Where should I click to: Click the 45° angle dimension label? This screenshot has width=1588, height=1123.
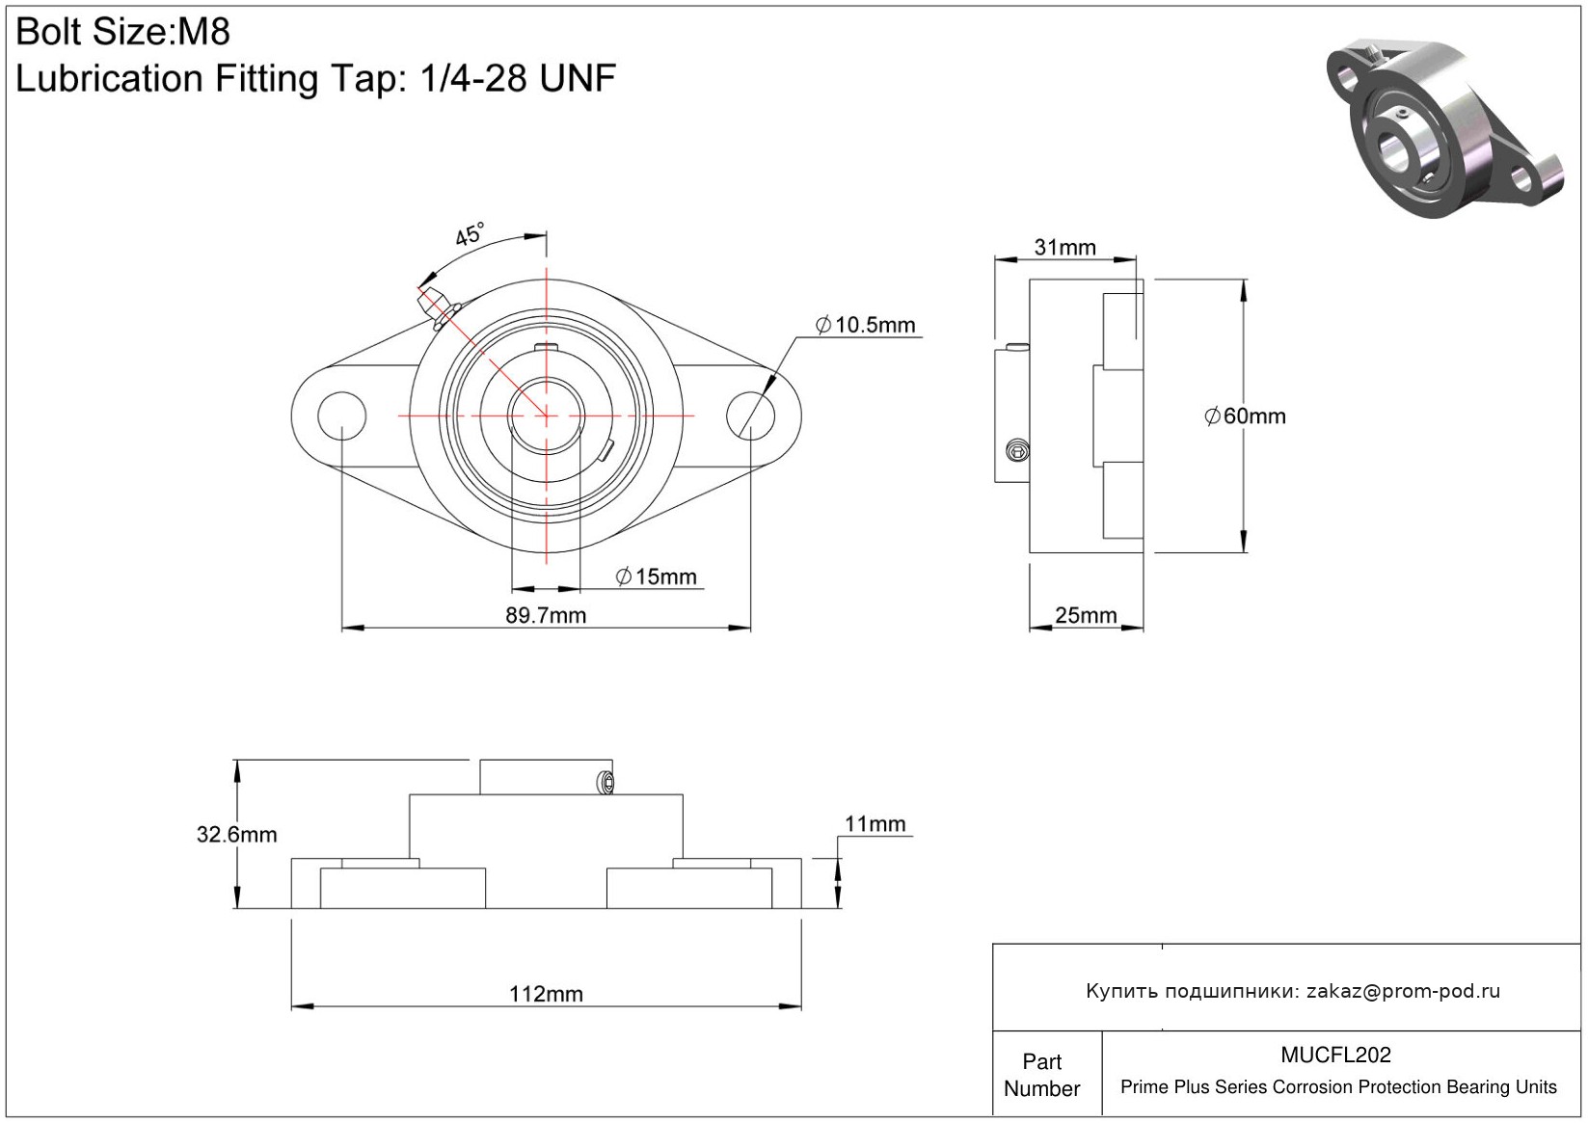click(x=470, y=233)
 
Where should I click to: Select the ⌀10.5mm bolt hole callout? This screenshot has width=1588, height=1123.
click(x=865, y=325)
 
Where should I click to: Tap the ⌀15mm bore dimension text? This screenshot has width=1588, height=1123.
click(x=656, y=576)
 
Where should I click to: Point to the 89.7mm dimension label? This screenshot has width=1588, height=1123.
click(x=546, y=615)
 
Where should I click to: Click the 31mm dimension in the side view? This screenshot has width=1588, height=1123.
click(x=1064, y=248)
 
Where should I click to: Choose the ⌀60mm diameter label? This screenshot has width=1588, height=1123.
click(x=1245, y=416)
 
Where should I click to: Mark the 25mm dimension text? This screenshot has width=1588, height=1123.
click(x=1086, y=615)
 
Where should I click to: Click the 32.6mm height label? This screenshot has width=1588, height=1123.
click(x=236, y=835)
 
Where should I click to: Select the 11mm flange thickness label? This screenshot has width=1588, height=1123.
click(x=875, y=824)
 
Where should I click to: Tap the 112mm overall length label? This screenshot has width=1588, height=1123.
click(x=546, y=994)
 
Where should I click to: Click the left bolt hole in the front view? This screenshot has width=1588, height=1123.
click(x=341, y=415)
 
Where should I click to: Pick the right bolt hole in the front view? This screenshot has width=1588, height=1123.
click(x=750, y=415)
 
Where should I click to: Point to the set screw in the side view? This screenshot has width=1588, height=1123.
click(x=1017, y=449)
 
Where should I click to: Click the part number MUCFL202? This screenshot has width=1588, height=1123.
click(x=1335, y=1056)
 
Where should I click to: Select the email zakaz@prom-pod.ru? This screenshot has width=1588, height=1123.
click(x=1403, y=991)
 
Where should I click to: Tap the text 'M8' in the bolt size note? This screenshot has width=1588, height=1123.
click(x=203, y=33)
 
